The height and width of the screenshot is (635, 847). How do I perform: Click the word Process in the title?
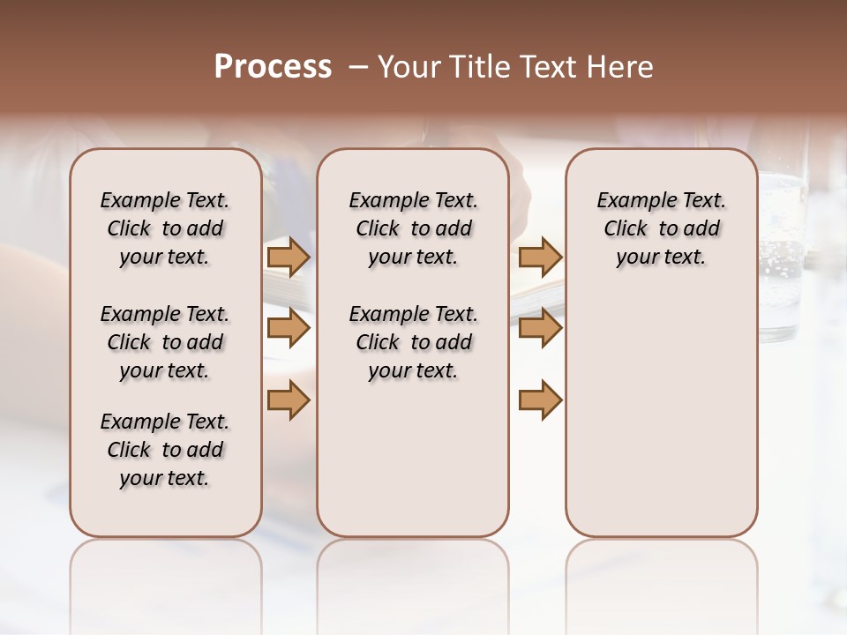coord(273,66)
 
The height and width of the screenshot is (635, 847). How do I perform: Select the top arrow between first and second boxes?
coord(289,258)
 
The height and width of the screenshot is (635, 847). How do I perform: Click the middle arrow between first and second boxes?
coord(289,329)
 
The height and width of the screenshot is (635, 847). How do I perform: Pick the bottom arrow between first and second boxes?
coord(289,401)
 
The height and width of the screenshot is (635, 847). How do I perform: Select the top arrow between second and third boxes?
coord(540,258)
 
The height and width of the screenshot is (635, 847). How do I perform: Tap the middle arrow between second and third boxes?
coord(540,329)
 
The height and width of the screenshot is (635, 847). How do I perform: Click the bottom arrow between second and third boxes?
coord(540,401)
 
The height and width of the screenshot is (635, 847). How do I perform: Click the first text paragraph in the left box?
coord(165,228)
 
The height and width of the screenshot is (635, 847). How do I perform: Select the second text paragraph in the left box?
coord(165,342)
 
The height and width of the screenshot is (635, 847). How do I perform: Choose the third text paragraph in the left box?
coord(165,450)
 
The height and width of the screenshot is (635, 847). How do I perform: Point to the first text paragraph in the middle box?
coord(413,228)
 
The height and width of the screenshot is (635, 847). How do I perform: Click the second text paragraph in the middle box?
coord(413,342)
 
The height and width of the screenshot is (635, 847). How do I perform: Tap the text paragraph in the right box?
coord(661,228)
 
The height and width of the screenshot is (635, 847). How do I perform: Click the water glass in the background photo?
coord(782,256)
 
